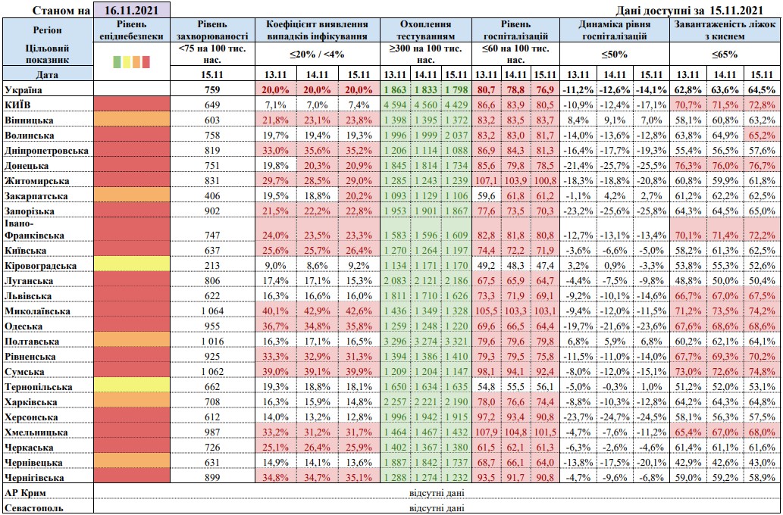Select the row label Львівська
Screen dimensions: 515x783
pyautogui.click(x=28, y=296)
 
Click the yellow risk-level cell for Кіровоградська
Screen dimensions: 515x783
pyautogui.click(x=130, y=266)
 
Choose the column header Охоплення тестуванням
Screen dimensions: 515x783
pyautogui.click(x=424, y=30)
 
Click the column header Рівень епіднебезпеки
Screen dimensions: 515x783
pyautogui.click(x=130, y=30)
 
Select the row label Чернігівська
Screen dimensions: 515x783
pyautogui.click(x=34, y=477)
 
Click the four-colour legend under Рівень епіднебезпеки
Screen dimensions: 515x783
pyautogui.click(x=130, y=61)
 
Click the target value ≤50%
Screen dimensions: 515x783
pyautogui.click(x=615, y=55)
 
